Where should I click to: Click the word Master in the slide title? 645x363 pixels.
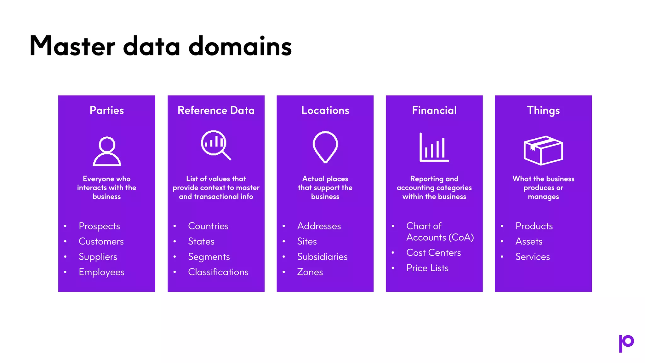click(73, 46)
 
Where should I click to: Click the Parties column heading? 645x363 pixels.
click(107, 110)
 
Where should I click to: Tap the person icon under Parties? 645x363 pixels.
click(107, 151)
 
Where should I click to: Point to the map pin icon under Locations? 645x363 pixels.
click(325, 147)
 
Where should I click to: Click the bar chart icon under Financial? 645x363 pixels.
click(434, 147)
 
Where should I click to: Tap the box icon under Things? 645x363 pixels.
click(543, 150)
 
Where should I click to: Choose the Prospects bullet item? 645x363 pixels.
click(99, 226)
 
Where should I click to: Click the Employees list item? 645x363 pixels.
click(101, 272)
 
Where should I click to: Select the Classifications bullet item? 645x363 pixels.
click(218, 272)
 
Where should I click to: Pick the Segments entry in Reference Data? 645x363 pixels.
click(209, 257)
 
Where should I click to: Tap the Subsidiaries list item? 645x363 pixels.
click(322, 256)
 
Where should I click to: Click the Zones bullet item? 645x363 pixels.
click(310, 272)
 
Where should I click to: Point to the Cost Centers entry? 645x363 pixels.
click(433, 252)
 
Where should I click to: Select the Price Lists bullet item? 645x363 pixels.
click(427, 268)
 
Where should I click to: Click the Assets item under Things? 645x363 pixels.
click(529, 241)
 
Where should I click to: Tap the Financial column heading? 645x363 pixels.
click(434, 110)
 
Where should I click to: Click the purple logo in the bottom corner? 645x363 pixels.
click(626, 343)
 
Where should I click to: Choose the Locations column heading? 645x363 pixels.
click(325, 110)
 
